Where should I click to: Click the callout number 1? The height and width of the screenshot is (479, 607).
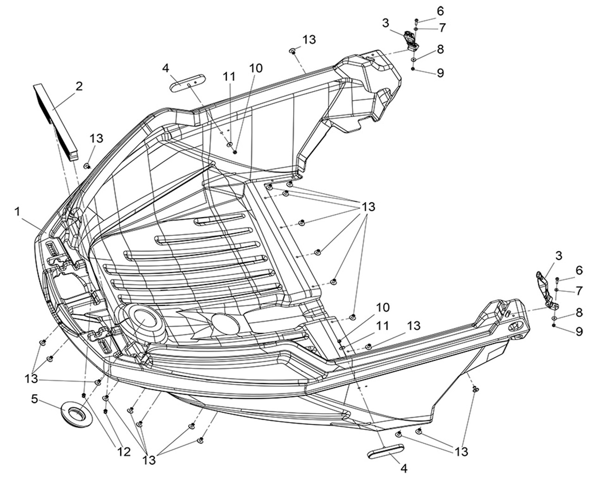point(17,212)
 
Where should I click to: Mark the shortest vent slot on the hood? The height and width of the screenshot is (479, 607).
point(221,219)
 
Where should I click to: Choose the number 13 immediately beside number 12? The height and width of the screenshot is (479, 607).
point(150,460)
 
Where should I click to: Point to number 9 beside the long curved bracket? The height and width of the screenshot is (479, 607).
point(579,331)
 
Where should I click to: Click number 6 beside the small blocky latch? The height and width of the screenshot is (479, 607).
point(440,11)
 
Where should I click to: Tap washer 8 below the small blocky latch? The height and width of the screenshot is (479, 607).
point(414,59)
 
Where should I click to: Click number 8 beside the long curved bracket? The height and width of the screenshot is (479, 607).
point(579,313)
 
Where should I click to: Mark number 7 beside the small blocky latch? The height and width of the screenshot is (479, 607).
point(442,28)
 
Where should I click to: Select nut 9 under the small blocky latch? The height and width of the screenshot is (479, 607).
point(413,69)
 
